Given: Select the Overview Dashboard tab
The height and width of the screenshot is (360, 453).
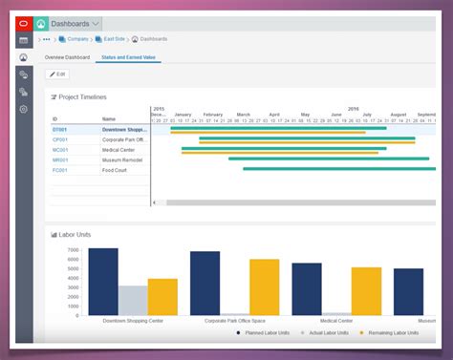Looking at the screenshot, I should click(x=67, y=57).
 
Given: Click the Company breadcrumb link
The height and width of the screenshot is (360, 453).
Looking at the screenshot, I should click(x=76, y=40).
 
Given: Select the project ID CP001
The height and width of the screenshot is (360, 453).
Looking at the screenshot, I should click(x=60, y=139).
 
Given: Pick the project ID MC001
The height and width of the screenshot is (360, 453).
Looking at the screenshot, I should click(x=60, y=150).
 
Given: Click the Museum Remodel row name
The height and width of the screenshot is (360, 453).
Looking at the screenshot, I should click(x=123, y=159).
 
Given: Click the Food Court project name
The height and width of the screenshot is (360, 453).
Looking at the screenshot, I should click(x=116, y=170).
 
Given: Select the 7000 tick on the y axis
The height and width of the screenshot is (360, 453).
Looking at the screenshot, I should click(x=73, y=251).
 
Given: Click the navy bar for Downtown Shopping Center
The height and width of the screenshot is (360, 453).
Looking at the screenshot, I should click(x=102, y=282).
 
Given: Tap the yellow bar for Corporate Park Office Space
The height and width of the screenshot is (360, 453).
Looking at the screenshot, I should click(x=264, y=286).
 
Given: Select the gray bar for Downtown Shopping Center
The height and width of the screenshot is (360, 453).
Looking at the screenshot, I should click(x=133, y=300).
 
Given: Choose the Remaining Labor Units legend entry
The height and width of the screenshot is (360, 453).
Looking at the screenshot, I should click(x=394, y=334).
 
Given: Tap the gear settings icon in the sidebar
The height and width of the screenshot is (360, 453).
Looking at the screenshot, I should click(x=24, y=109).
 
